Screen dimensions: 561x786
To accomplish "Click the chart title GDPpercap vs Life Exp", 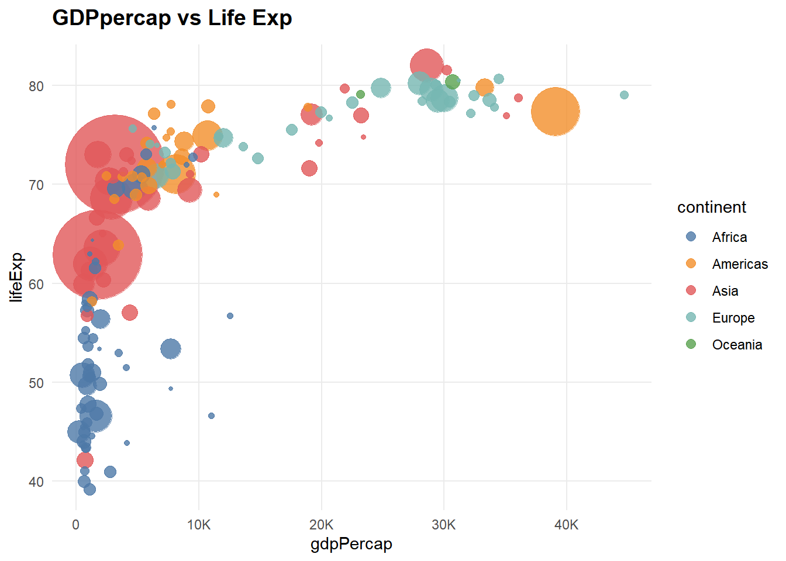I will click(x=172, y=18).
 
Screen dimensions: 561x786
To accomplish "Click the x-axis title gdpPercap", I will click(x=351, y=544).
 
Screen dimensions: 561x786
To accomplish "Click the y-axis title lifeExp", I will click(x=16, y=277).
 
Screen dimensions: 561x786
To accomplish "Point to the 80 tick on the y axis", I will click(x=36, y=86).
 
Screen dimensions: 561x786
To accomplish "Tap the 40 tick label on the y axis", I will click(x=36, y=482).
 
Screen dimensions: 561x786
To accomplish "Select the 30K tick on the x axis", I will click(x=443, y=525).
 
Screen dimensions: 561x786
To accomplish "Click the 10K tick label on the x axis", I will click(x=198, y=525).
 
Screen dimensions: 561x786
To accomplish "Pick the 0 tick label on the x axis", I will click(x=76, y=525).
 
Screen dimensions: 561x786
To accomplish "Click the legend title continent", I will click(x=711, y=207).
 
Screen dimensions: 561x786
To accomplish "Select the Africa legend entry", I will click(x=729, y=237).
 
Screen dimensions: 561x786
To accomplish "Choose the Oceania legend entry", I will click(x=736, y=345).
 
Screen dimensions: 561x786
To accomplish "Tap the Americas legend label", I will click(x=739, y=264).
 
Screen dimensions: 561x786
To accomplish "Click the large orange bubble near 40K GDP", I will click(x=555, y=112).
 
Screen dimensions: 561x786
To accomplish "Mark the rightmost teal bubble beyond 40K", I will click(x=624, y=95).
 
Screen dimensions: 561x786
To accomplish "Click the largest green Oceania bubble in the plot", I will click(x=452, y=82).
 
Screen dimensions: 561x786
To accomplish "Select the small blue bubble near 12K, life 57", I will click(x=230, y=316).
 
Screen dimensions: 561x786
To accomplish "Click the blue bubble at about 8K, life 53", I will click(x=170, y=349).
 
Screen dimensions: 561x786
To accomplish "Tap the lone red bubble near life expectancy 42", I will click(x=85, y=460).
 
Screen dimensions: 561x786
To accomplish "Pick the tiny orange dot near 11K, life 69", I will click(x=216, y=195).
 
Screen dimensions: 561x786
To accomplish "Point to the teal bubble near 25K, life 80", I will click(x=381, y=88).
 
